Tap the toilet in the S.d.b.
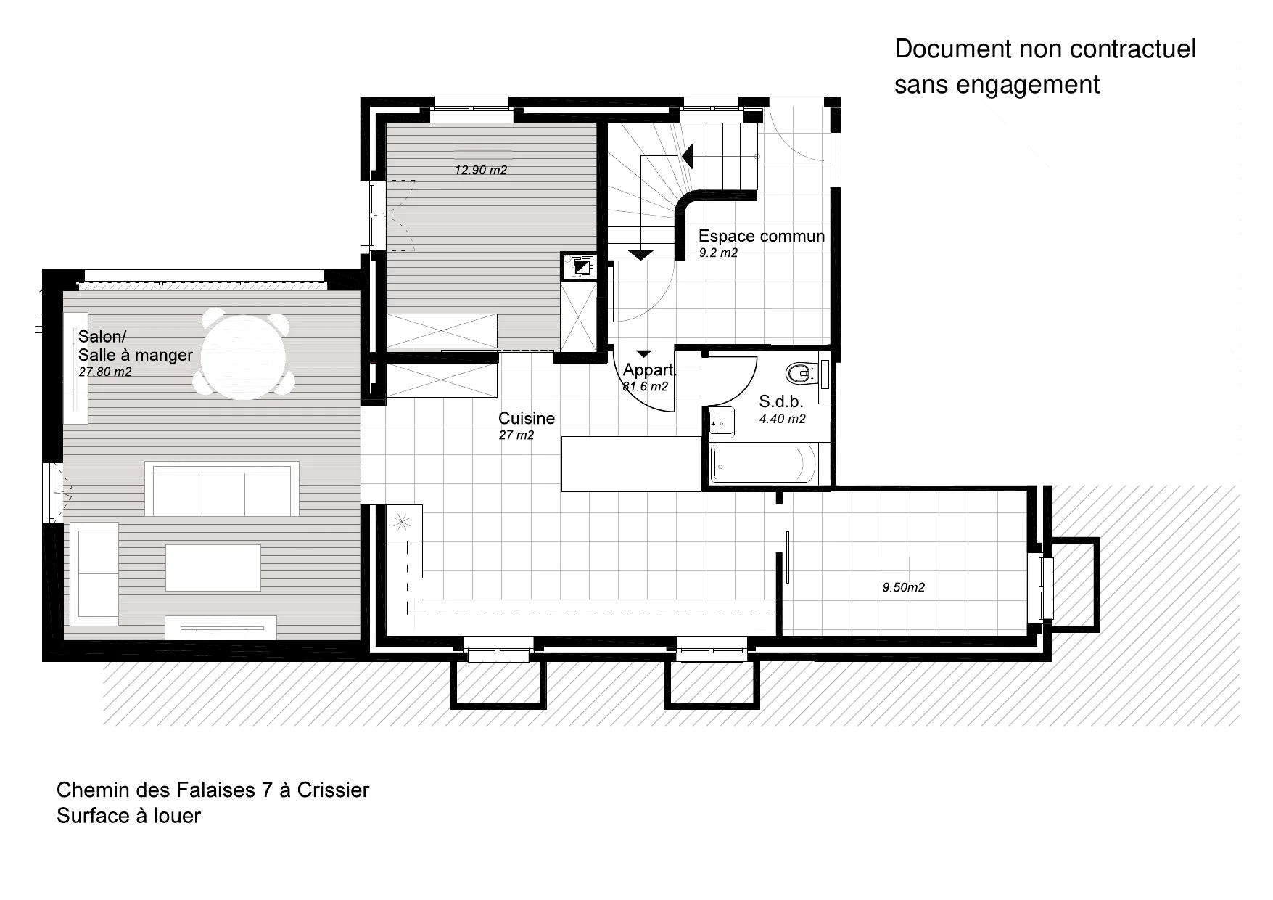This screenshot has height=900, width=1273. pyautogui.click(x=799, y=374)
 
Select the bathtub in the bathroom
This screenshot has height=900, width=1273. pyautogui.click(x=764, y=464)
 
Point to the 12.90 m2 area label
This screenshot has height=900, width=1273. pyautogui.click(x=481, y=171)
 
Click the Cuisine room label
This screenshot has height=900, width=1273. pyautogui.click(x=527, y=418)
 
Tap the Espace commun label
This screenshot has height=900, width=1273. pyautogui.click(x=762, y=236)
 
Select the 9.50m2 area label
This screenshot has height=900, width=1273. pyautogui.click(x=904, y=588)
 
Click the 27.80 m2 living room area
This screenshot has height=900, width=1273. pyautogui.click(x=105, y=372)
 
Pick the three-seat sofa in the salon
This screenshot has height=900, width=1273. pyautogui.click(x=222, y=488)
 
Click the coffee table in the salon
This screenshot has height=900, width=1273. pyautogui.click(x=213, y=568)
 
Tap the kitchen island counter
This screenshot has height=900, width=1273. pyautogui.click(x=632, y=464)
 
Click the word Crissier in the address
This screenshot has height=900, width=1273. pyautogui.click(x=333, y=790)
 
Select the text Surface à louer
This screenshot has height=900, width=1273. pyautogui.click(x=128, y=816)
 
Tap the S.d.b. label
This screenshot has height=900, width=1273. pyautogui.click(x=781, y=401)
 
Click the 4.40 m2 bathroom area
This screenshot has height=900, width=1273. pyautogui.click(x=783, y=419)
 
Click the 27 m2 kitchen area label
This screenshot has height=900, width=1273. pyautogui.click(x=516, y=435)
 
